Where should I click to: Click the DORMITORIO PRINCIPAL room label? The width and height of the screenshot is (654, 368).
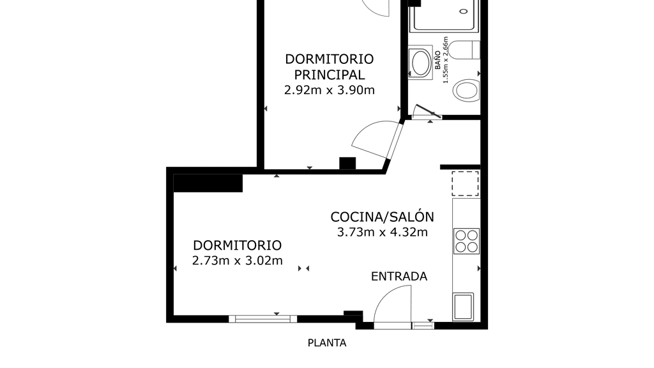(x=329, y=66)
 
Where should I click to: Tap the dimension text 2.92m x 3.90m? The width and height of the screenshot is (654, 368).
(x=329, y=90)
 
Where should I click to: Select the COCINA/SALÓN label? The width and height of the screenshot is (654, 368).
(x=382, y=217)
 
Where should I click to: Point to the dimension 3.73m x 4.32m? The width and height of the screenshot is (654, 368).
(x=382, y=233)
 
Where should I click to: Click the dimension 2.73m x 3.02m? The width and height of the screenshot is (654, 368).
(x=238, y=261)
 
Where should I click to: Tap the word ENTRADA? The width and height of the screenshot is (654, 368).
(x=399, y=276)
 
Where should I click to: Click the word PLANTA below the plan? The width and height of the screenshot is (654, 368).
(x=327, y=343)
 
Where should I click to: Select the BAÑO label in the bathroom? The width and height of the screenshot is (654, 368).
(x=437, y=61)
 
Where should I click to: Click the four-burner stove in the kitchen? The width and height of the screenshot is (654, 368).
(x=466, y=241)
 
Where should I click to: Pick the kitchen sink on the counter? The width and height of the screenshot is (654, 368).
(x=463, y=307)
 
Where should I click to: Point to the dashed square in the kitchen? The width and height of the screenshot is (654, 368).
(x=465, y=183)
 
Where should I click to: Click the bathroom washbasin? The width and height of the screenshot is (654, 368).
(x=420, y=63)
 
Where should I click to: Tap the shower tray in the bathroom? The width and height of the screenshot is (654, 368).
(x=445, y=16)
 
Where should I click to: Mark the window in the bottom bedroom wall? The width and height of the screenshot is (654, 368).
(x=262, y=319)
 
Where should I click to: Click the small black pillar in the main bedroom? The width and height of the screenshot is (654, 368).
(x=347, y=163)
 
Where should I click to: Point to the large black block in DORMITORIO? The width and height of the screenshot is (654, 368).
(x=208, y=183)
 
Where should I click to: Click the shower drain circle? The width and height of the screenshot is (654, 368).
(x=464, y=11)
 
